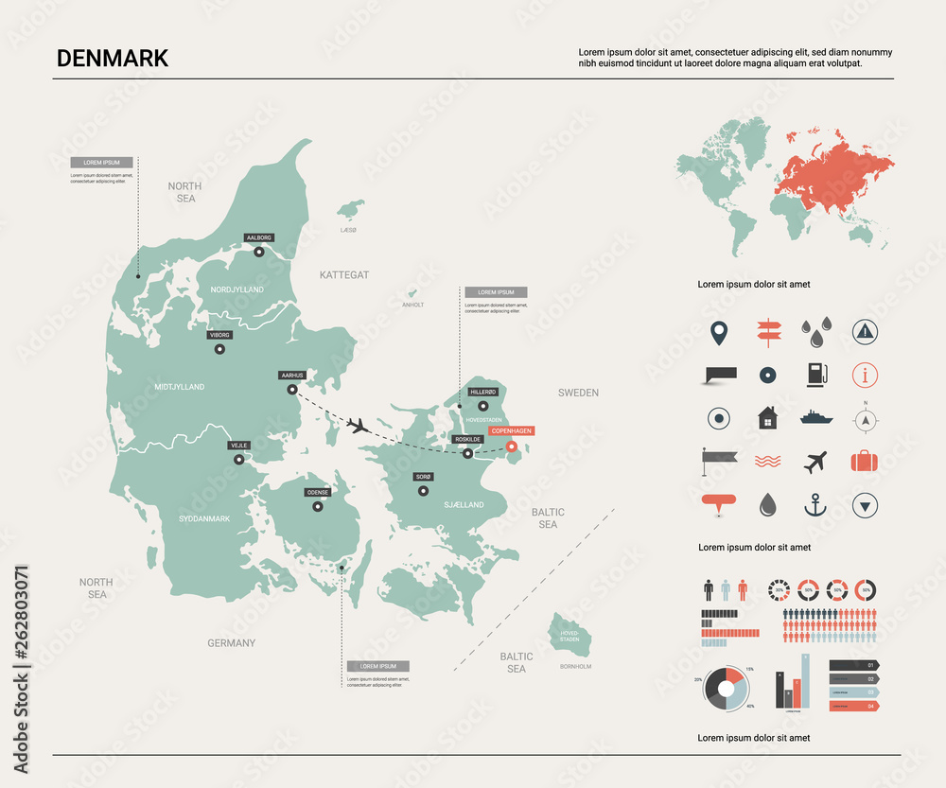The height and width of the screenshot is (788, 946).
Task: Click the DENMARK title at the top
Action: click(x=113, y=58)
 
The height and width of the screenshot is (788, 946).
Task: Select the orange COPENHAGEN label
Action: click(x=511, y=430)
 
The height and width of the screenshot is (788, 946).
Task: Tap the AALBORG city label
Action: click(x=258, y=237)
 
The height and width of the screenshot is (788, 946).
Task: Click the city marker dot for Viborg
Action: click(x=219, y=349)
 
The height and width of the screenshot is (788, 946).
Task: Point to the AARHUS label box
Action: click(x=291, y=375)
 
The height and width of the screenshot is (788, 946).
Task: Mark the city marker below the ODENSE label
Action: click(x=317, y=506)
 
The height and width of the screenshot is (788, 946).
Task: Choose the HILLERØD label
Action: click(x=482, y=392)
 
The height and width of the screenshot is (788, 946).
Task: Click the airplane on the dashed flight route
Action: click(x=358, y=425)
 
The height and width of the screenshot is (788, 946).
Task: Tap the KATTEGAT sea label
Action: click(x=343, y=274)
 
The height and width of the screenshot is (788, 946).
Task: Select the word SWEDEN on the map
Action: click(x=578, y=393)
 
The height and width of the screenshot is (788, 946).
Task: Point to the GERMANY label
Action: click(x=232, y=643)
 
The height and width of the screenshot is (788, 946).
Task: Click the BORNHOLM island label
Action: click(x=575, y=666)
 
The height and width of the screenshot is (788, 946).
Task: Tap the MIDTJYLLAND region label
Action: click(x=179, y=387)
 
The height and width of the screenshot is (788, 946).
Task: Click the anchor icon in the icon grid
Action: click(x=815, y=505)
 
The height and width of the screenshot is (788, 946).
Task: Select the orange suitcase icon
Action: click(x=865, y=462)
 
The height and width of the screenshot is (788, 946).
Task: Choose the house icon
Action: click(x=766, y=417)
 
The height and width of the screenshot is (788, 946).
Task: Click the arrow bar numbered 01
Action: click(x=854, y=664)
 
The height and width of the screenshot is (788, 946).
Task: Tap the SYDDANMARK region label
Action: click(x=204, y=519)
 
